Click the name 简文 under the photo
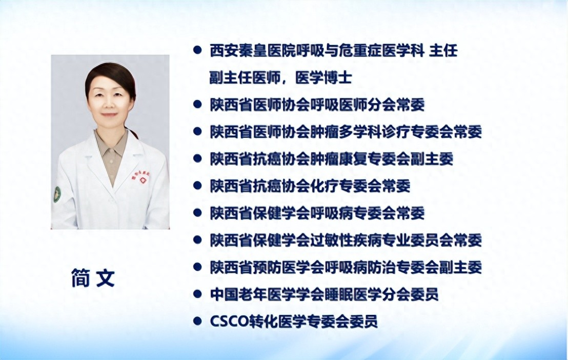tap(93, 278)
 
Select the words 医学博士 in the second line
tap(323, 77)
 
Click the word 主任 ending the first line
tap(443, 50)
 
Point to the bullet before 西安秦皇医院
tap(197, 50)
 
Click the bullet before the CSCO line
tap(197, 321)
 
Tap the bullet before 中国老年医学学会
tap(197, 294)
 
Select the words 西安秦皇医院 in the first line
tap(253, 50)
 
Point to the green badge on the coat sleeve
tap(56, 194)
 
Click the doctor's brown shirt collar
tap(111, 145)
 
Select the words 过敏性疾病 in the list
tap(345, 240)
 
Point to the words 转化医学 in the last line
tap(278, 321)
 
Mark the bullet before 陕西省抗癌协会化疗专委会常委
tap(197, 186)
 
